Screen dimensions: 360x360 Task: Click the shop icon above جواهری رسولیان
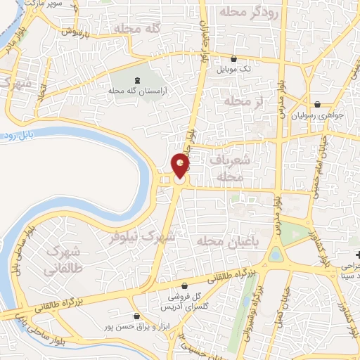pos(320,103)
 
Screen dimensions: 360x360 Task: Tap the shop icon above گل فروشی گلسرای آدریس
pos(184,286)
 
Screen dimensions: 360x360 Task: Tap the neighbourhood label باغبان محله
pos(224,242)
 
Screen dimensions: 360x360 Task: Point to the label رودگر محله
pos(249,12)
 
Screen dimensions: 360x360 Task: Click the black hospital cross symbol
pos(357,254)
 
